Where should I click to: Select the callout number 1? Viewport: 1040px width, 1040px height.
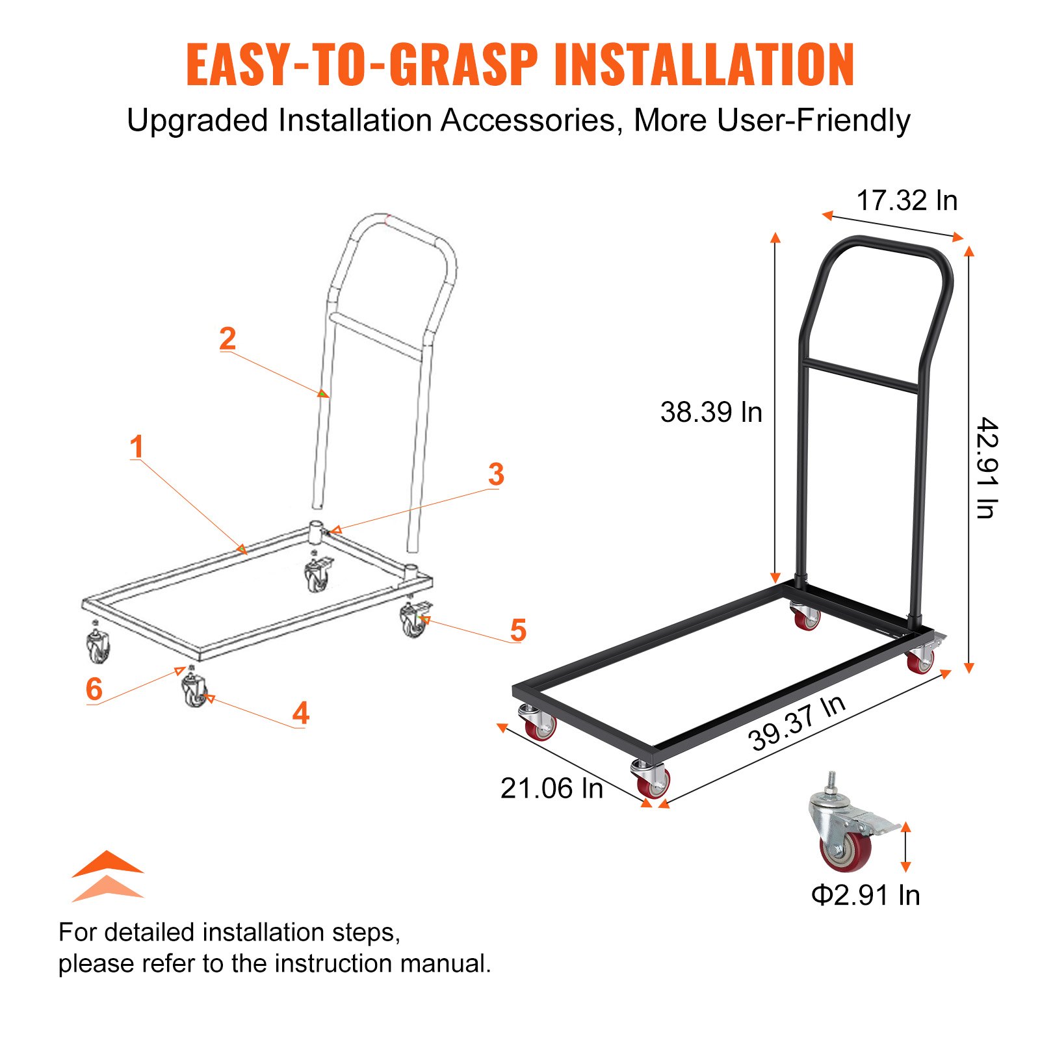click(x=136, y=447)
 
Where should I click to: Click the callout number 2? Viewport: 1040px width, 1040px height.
click(x=227, y=339)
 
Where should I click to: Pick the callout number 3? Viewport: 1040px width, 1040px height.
click(x=496, y=474)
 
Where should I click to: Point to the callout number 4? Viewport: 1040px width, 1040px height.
click(x=300, y=713)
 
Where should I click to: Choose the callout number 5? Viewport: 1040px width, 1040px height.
click(x=517, y=630)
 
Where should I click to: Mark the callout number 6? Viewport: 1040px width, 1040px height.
click(x=94, y=689)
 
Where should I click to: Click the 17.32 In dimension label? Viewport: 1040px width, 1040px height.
click(x=906, y=200)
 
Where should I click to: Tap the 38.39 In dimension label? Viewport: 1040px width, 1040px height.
click(x=711, y=412)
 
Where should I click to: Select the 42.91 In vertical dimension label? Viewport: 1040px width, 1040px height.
click(x=987, y=468)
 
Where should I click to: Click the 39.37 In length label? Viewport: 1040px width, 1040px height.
click(x=796, y=723)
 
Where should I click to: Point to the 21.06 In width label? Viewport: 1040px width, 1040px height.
click(x=551, y=788)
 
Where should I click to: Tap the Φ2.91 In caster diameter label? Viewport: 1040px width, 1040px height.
click(x=865, y=895)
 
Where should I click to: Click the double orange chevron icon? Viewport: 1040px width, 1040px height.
click(x=107, y=876)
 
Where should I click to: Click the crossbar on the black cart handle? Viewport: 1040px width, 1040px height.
click(x=859, y=376)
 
